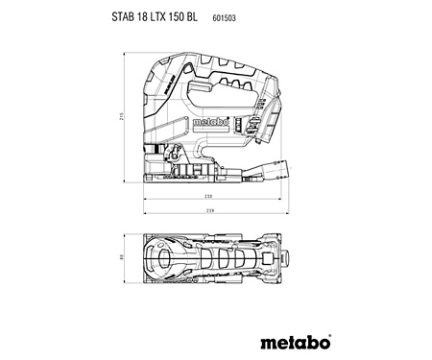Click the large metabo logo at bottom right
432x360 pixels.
tap(296, 340)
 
